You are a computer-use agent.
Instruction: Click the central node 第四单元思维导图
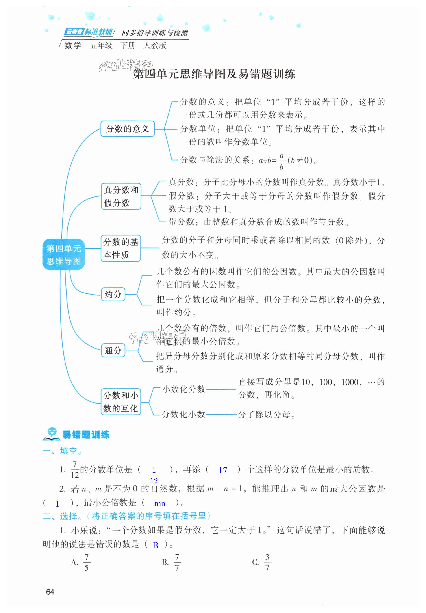pos(63,254)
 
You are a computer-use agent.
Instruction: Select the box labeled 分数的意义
pos(128,129)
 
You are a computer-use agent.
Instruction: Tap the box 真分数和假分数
pos(121,196)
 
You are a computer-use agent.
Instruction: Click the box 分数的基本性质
pos(120,248)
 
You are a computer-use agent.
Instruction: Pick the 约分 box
pos(113,294)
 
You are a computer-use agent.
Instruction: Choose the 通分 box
pos(113,350)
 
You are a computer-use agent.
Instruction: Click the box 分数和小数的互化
pos(120,402)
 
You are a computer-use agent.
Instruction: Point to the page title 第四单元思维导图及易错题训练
pos(214,74)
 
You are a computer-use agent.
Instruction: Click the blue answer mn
pos(159,504)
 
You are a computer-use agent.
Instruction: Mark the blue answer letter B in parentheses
pos(156,545)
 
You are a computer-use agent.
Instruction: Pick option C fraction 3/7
pos(267,562)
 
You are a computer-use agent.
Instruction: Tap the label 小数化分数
pos(183,389)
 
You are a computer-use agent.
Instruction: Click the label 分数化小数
pos(183,414)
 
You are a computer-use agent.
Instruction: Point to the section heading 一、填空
pos(62,451)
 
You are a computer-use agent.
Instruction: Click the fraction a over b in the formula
pos(282,161)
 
